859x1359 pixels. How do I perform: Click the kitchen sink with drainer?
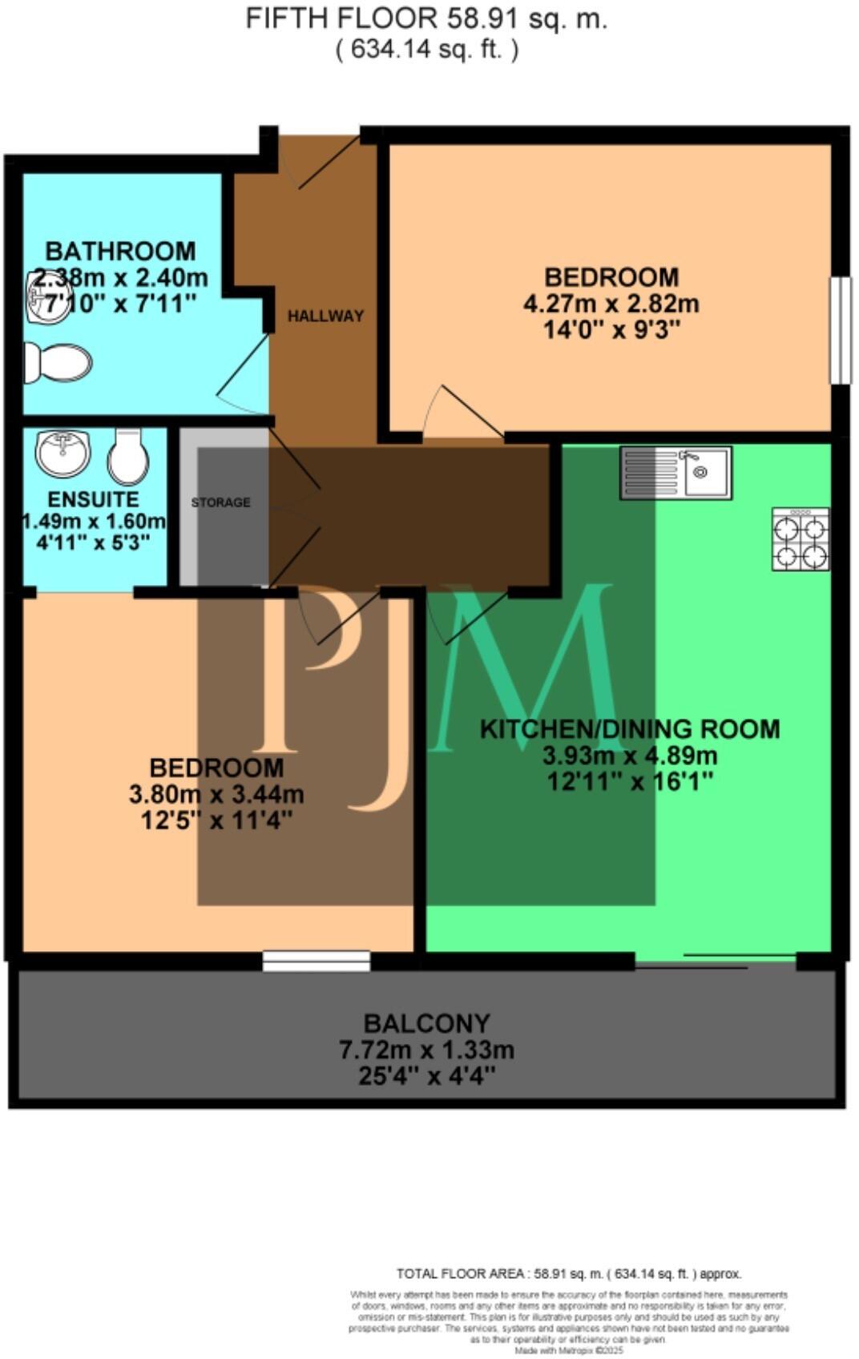point(675,473)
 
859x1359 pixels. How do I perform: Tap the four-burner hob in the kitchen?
point(800,538)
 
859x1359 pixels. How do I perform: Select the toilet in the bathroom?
point(58,363)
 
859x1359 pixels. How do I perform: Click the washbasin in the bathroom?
point(48,297)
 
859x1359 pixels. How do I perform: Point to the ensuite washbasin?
point(63,454)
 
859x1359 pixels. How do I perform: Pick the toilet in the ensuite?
point(128,457)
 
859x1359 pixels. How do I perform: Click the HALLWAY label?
point(325,316)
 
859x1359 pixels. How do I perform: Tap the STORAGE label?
point(220,502)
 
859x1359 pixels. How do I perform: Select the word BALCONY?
point(426,1023)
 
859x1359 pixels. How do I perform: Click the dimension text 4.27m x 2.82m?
point(611,304)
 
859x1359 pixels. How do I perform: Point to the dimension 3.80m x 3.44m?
point(216,794)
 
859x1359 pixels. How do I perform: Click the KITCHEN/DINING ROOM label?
point(629,728)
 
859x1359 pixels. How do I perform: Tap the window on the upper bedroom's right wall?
point(840,330)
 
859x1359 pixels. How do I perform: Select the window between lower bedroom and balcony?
point(317,961)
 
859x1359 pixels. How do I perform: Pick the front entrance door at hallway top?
point(321,164)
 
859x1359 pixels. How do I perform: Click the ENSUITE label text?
point(93,499)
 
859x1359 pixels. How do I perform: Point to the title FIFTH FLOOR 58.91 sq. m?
point(426,18)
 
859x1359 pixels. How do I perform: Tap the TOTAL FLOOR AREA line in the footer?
point(569,1273)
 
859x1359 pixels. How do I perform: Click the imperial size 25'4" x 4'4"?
point(426,1075)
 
